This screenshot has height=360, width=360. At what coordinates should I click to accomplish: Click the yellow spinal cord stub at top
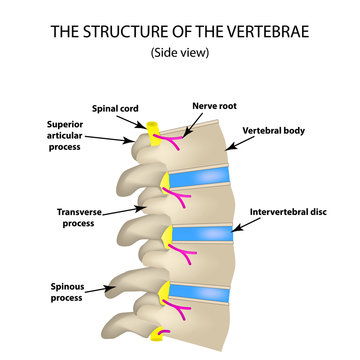[x=156, y=131]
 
